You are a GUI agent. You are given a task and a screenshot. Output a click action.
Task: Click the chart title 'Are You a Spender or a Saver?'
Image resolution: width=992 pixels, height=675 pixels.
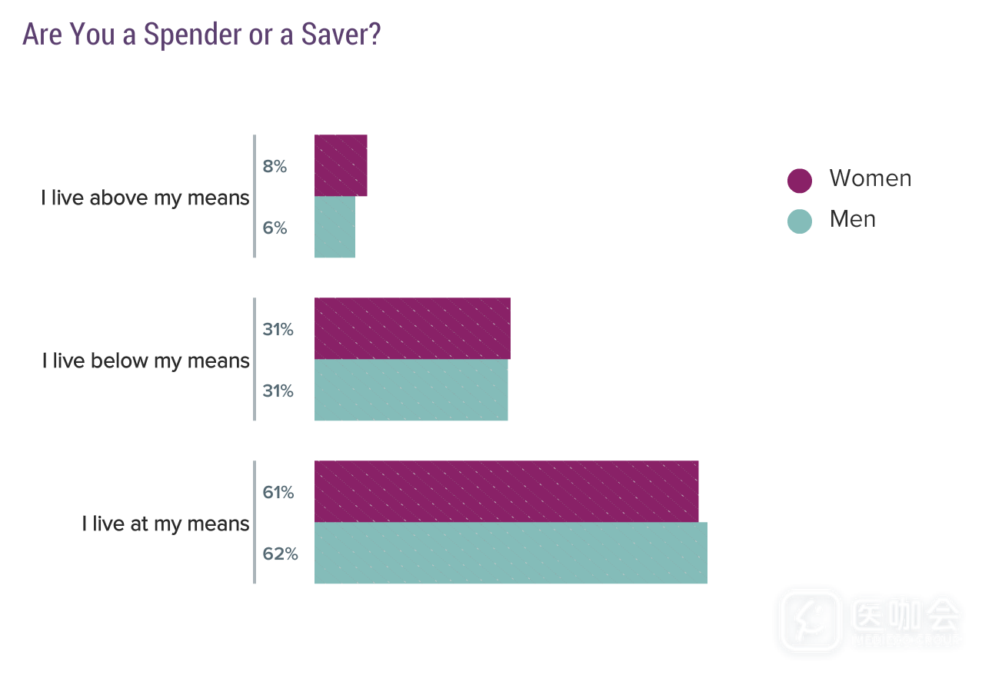(201, 35)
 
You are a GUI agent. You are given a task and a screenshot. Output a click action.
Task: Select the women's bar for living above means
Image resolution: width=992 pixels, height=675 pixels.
(341, 165)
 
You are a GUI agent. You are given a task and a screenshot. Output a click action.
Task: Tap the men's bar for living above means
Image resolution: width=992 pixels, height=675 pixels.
(335, 227)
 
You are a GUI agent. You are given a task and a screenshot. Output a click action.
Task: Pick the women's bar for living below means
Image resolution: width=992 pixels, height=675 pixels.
(412, 328)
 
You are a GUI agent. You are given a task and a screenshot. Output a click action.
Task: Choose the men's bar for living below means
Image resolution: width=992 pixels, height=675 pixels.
(411, 390)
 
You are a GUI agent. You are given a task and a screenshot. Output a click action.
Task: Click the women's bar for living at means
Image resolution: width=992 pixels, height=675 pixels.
(506, 491)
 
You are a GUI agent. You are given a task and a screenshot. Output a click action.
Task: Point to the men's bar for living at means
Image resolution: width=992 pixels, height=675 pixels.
(511, 553)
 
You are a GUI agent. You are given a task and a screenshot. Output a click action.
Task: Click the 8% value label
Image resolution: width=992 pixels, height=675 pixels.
(275, 166)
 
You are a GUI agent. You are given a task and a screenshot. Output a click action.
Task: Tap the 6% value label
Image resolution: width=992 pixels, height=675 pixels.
(275, 228)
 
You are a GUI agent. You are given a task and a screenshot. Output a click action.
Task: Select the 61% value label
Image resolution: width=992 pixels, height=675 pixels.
(278, 492)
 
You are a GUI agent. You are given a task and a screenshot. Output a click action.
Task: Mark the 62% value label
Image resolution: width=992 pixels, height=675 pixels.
(280, 554)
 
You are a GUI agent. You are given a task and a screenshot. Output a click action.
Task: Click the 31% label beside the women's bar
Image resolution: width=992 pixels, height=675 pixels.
(278, 329)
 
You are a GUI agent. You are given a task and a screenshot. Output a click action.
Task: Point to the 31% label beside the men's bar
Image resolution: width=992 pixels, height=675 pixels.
(278, 391)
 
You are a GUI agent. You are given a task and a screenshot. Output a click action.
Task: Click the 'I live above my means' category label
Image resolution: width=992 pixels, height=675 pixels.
(145, 198)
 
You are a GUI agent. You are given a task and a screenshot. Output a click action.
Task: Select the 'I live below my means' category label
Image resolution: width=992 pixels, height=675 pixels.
(146, 361)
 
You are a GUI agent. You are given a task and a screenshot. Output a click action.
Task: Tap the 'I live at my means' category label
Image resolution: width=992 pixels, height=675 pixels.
(166, 524)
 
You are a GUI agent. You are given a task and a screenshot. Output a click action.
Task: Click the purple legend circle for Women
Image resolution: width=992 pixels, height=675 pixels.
(800, 180)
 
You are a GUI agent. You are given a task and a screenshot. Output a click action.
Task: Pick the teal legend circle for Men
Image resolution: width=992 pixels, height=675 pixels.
(800, 221)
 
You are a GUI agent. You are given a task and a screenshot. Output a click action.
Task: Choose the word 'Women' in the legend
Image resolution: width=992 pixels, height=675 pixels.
(870, 178)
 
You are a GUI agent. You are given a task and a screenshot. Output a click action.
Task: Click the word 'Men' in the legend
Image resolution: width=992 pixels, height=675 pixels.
(853, 219)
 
